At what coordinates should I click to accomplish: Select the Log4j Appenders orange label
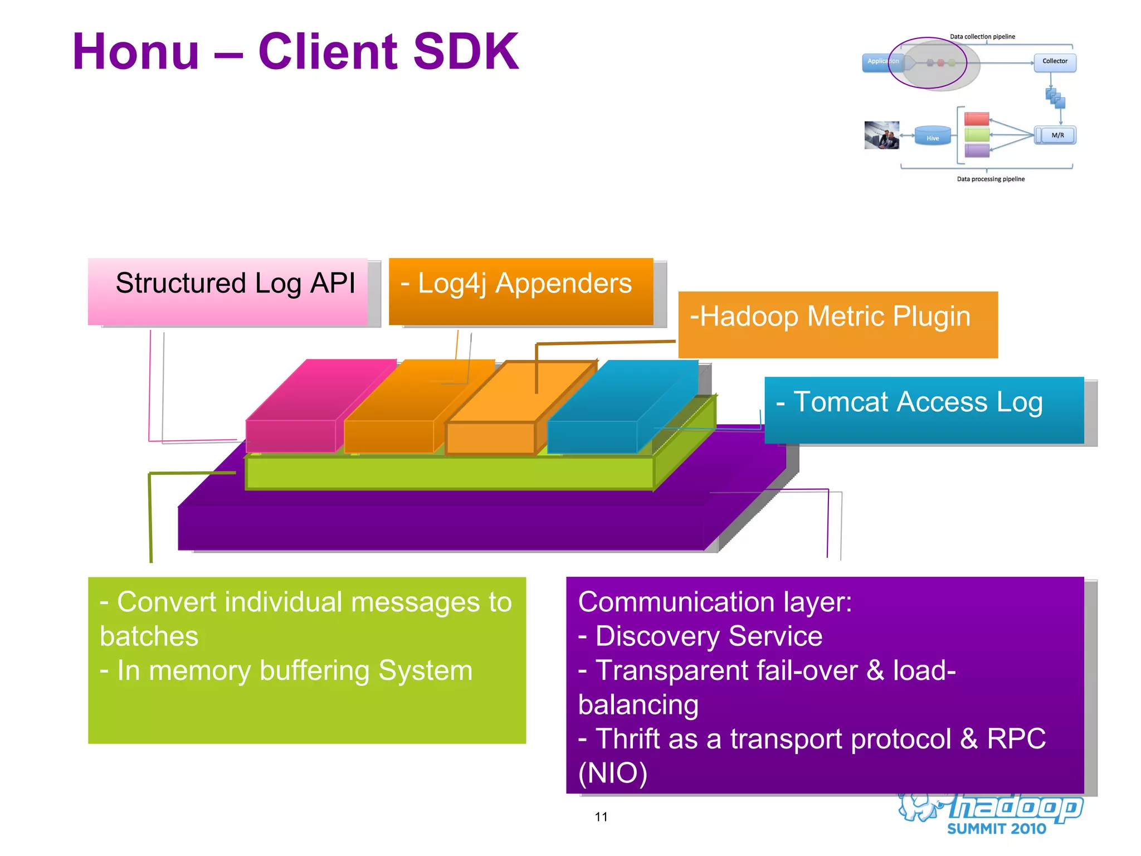(x=520, y=290)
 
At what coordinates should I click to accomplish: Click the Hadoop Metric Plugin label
(x=837, y=324)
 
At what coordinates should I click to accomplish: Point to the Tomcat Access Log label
(x=924, y=410)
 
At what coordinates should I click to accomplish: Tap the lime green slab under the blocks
(x=446, y=473)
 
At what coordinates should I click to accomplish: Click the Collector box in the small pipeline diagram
(x=1055, y=61)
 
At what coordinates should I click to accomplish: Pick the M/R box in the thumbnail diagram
(x=1057, y=135)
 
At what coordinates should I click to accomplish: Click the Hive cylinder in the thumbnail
(x=933, y=136)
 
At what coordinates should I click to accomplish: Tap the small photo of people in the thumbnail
(x=881, y=135)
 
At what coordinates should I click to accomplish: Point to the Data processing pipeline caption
(x=991, y=179)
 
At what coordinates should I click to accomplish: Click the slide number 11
(x=601, y=817)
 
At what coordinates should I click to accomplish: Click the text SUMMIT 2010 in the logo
(x=996, y=829)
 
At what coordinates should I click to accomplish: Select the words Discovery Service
(x=709, y=636)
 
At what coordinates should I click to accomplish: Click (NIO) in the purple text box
(x=613, y=773)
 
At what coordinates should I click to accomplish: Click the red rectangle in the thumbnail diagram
(x=977, y=119)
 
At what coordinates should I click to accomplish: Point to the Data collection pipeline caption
(x=982, y=37)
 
